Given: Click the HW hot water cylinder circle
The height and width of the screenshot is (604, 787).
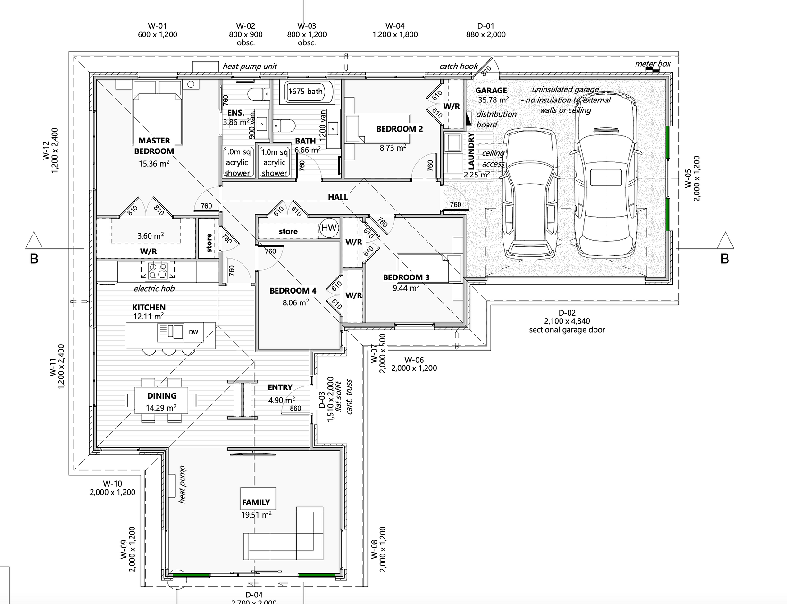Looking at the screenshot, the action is (x=329, y=228).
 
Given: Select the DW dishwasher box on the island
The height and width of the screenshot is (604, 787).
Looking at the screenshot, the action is (x=193, y=332).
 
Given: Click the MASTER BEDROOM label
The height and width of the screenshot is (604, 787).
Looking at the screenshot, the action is (x=154, y=146).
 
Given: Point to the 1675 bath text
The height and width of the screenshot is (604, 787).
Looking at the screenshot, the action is (x=306, y=91).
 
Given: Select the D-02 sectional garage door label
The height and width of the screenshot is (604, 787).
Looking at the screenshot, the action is (x=567, y=321).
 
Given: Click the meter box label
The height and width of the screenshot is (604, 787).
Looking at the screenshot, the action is (x=653, y=64).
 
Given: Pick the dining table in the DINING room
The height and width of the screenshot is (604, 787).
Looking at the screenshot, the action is (x=161, y=400).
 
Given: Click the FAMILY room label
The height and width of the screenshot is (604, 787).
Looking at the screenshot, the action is (x=256, y=503).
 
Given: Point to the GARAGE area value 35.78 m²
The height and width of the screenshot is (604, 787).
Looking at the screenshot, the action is (x=493, y=100).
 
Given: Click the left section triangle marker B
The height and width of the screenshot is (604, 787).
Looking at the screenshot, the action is (x=33, y=241).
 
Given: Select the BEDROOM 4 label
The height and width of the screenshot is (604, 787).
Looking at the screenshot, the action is (x=293, y=291).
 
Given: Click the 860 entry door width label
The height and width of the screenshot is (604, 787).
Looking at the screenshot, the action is (x=295, y=408).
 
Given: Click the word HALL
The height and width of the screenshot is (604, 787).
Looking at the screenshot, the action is (x=338, y=197).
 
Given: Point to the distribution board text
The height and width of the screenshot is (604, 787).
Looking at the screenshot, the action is (x=489, y=119).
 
